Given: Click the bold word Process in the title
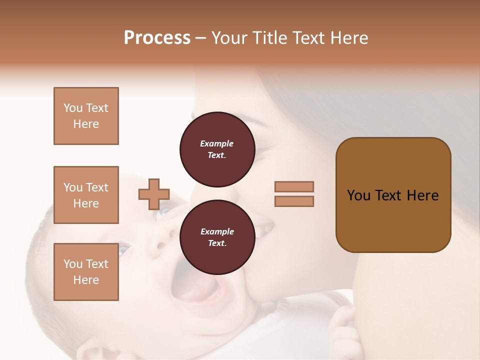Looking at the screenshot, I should click(x=157, y=38).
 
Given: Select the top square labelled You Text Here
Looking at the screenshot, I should click(x=86, y=116).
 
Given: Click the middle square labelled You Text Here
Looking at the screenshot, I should click(x=86, y=195).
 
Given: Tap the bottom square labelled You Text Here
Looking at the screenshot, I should click(x=86, y=272).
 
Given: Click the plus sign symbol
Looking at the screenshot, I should click(x=154, y=194).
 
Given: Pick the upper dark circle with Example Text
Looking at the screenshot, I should click(x=217, y=149).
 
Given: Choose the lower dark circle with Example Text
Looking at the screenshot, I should click(x=217, y=237).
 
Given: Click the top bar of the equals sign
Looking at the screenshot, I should click(x=294, y=186).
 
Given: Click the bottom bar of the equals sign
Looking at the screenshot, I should click(x=294, y=201).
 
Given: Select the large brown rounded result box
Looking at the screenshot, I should click(x=393, y=195).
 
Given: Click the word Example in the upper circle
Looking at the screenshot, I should click(x=217, y=143).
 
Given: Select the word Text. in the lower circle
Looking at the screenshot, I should click(x=217, y=243).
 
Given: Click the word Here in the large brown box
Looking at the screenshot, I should click(x=422, y=195).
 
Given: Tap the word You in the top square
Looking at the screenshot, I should click(x=73, y=108).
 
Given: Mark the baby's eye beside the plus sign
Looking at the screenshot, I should click(x=163, y=213).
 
